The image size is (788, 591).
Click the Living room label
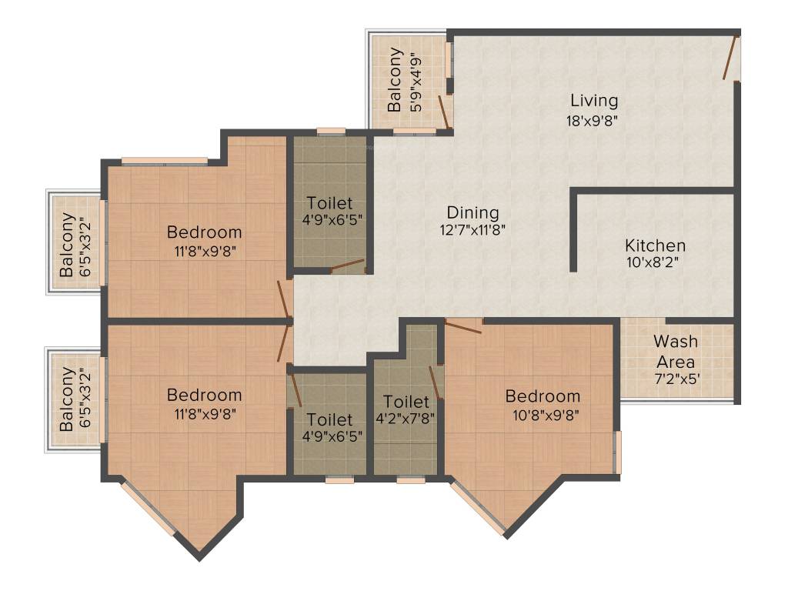click(593, 101)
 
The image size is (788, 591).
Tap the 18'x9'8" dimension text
click(593, 120)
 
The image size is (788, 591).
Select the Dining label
click(473, 212)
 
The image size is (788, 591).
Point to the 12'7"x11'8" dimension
click(473, 229)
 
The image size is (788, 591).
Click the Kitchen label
click(655, 245)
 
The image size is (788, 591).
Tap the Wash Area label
click(676, 351)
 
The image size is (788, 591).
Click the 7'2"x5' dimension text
click(676, 379)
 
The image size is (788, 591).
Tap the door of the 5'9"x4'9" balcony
click(444, 112)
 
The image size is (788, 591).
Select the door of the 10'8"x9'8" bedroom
click(463, 326)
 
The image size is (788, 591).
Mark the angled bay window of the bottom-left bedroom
click(149, 509)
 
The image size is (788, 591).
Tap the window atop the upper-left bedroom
click(164, 161)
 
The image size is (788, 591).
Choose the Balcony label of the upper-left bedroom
click(68, 245)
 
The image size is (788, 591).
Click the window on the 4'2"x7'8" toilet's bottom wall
click(411, 480)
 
